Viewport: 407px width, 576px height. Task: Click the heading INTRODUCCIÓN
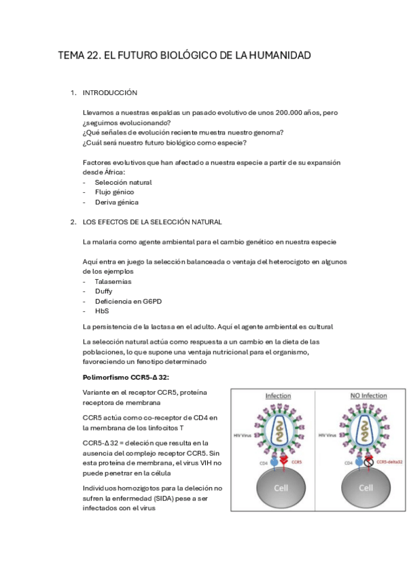point(110,92)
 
